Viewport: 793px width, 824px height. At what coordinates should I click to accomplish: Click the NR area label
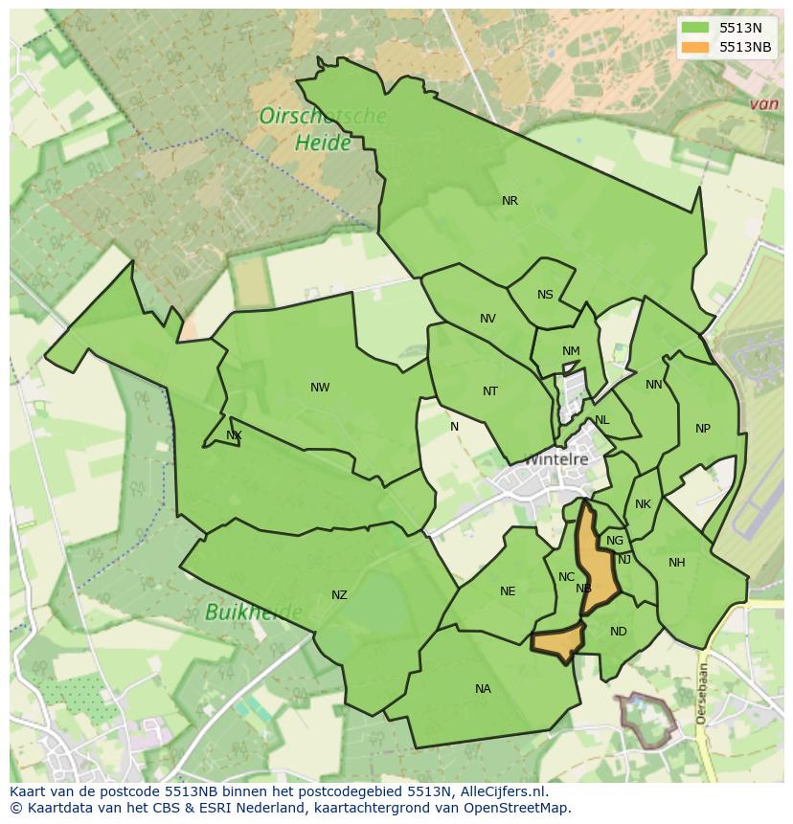tap(510, 201)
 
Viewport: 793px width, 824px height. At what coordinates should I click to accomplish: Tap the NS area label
tap(545, 295)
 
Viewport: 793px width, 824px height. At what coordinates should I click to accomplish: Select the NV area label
tap(487, 319)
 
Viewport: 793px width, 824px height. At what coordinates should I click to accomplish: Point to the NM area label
tap(571, 351)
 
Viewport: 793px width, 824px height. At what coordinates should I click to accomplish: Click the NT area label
tap(490, 390)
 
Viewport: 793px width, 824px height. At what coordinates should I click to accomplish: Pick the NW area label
tap(320, 388)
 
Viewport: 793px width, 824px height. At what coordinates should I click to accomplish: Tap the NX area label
tap(234, 435)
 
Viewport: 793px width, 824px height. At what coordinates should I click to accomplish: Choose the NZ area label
tap(339, 595)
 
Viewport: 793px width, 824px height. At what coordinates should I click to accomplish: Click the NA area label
tap(483, 689)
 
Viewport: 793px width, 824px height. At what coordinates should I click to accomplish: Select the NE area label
tap(508, 591)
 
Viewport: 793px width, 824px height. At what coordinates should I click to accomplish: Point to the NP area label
tap(703, 429)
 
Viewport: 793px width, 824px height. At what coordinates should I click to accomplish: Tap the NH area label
tap(677, 563)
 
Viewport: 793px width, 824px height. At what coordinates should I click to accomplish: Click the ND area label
tap(618, 632)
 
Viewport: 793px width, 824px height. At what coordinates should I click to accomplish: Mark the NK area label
tap(643, 504)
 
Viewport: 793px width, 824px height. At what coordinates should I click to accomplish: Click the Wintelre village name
tap(555, 459)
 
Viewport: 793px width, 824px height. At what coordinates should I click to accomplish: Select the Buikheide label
tap(254, 612)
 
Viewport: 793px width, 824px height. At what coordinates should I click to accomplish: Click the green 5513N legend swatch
tap(695, 28)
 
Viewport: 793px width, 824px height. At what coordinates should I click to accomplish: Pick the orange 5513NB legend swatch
tap(695, 47)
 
